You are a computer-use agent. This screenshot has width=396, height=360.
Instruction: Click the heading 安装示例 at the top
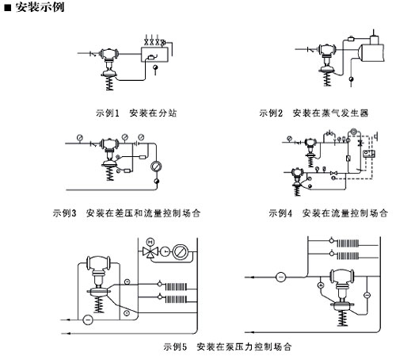tap(40, 6)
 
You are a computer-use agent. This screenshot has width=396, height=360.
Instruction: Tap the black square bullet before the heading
tap(8, 7)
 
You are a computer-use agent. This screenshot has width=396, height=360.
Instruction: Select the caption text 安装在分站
tap(153, 113)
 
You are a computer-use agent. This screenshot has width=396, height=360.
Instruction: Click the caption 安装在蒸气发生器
tap(330, 113)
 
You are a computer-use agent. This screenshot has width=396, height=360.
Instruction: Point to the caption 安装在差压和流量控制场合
tap(143, 213)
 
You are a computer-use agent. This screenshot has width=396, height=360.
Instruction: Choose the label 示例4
tap(280, 213)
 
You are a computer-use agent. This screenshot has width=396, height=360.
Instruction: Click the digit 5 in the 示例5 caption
tap(185, 347)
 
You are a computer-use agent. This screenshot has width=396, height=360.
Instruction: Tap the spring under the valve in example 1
tap(109, 84)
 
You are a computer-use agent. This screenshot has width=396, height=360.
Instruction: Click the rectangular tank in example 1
tap(154, 55)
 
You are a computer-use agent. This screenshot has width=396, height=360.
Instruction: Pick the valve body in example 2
tap(327, 50)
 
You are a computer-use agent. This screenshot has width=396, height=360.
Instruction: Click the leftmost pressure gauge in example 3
tap(79, 138)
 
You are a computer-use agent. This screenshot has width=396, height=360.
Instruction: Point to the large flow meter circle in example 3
tap(156, 167)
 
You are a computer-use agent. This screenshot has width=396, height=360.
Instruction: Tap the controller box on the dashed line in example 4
tap(369, 154)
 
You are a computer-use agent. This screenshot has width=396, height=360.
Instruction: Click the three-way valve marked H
tap(150, 251)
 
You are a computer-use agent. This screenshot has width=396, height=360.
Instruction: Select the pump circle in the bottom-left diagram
tap(88, 320)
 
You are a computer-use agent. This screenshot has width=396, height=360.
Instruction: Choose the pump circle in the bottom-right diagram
tap(280, 277)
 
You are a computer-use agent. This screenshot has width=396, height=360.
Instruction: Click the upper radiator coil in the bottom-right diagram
tap(348, 243)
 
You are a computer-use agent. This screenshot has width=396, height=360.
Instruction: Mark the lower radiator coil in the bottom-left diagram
tap(176, 300)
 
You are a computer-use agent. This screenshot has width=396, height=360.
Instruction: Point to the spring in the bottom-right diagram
tap(342, 319)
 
